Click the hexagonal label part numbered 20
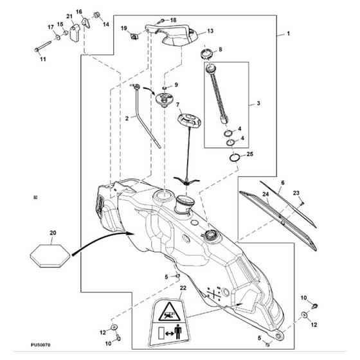click(50, 256)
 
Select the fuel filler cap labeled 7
click(189, 120)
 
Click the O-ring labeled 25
click(235, 157)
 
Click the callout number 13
click(210, 31)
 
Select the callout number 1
click(289, 33)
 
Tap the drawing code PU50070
click(41, 345)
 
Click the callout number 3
click(258, 104)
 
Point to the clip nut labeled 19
click(134, 36)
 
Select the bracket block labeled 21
click(75, 33)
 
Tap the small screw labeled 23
click(301, 203)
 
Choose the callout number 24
click(265, 194)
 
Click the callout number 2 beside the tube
click(127, 118)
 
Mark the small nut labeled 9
click(165, 88)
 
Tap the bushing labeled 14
click(96, 15)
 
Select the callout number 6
click(283, 183)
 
